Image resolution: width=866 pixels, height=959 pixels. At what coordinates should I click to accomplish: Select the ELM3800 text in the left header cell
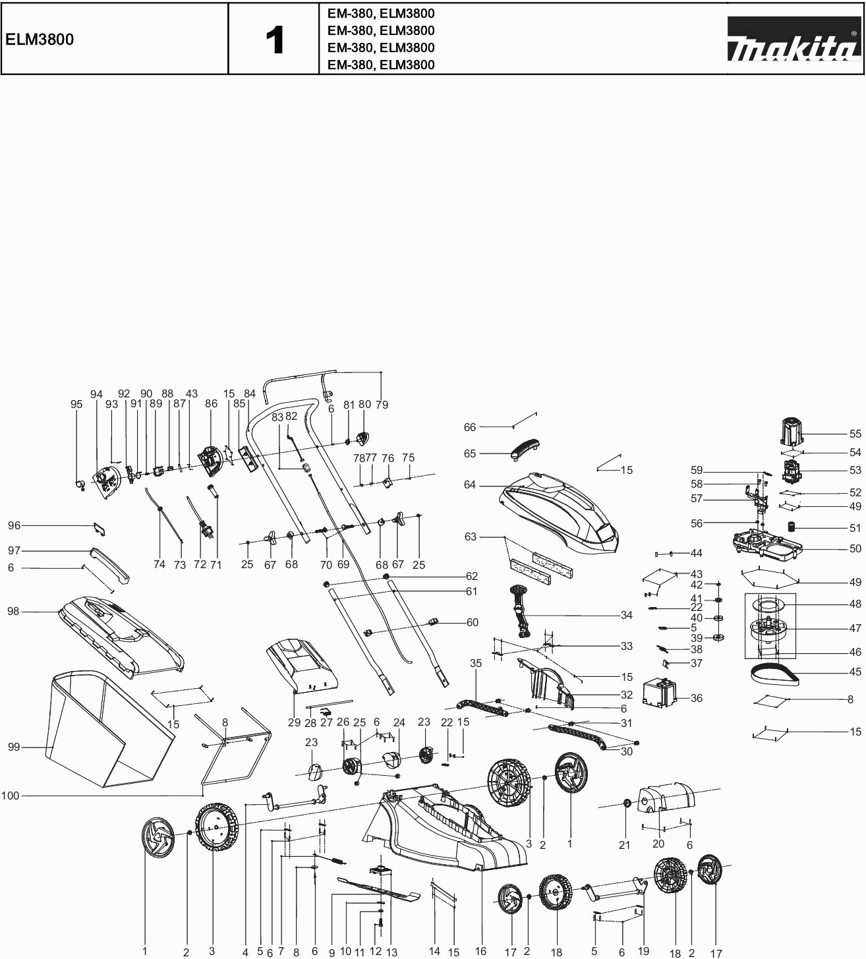pyautogui.click(x=40, y=40)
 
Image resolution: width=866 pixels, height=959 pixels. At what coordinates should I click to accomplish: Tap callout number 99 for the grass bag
pyautogui.click(x=14, y=747)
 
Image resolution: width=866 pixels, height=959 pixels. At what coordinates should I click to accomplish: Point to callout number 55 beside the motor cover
pyautogui.click(x=855, y=434)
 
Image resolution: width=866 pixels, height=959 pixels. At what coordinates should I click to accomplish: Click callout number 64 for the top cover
pyautogui.click(x=470, y=485)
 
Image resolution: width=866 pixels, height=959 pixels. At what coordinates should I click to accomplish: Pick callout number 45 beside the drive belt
pyautogui.click(x=855, y=672)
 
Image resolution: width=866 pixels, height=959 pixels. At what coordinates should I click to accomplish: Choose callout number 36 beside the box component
pyautogui.click(x=697, y=698)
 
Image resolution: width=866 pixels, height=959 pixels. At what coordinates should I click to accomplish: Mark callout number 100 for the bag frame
pyautogui.click(x=11, y=796)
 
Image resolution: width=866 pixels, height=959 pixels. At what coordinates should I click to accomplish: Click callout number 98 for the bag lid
pyautogui.click(x=14, y=612)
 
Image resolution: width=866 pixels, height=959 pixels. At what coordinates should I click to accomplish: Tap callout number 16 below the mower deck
pyautogui.click(x=480, y=950)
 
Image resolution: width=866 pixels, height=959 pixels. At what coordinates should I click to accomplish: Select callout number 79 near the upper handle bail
pyautogui.click(x=382, y=405)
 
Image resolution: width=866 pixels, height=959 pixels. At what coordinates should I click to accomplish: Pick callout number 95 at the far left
pyautogui.click(x=76, y=405)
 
